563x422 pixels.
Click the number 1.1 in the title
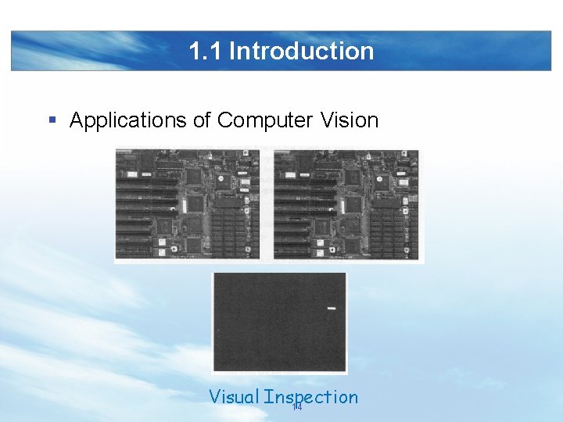[x=206, y=52]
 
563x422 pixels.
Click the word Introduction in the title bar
[x=301, y=52]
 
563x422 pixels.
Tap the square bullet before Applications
[x=52, y=120]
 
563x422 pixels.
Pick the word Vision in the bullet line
[x=349, y=120]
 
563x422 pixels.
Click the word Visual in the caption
[x=233, y=397]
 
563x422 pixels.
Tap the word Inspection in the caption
[x=311, y=397]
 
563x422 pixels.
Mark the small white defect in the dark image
[x=331, y=309]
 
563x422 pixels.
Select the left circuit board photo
[x=188, y=204]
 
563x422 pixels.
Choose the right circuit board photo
[x=346, y=204]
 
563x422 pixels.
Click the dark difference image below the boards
[x=279, y=322]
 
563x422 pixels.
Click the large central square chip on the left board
[x=194, y=205]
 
